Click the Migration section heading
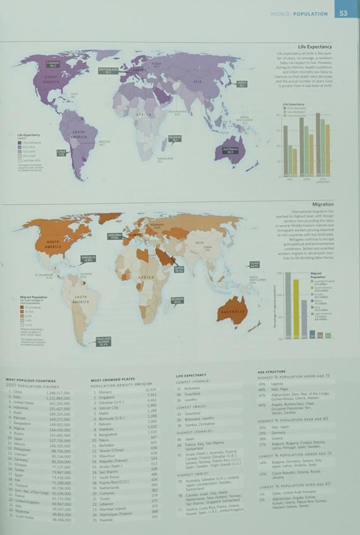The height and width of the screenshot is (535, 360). [x=321, y=204]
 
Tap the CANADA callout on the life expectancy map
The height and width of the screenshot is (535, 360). [x=53, y=64]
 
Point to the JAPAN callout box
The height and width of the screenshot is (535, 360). [x=242, y=84]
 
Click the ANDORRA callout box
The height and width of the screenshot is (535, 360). [x=114, y=236]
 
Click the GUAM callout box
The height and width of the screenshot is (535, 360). [x=254, y=264]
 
